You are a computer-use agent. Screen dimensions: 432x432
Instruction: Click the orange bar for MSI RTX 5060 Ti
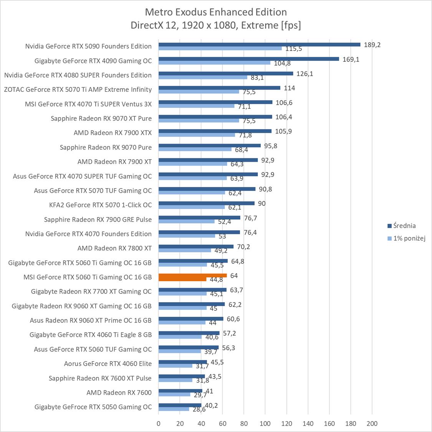(192, 275)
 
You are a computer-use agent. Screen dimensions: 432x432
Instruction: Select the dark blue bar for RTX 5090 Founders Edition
(259, 45)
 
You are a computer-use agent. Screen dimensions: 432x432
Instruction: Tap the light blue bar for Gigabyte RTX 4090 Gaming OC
(214, 63)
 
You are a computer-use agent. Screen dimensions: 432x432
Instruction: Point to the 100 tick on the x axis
(265, 424)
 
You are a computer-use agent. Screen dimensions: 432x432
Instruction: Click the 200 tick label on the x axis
(372, 424)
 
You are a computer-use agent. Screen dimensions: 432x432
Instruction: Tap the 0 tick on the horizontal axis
(159, 424)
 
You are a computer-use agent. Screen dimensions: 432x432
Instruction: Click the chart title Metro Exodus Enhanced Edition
(216, 12)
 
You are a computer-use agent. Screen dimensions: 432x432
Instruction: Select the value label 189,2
(372, 45)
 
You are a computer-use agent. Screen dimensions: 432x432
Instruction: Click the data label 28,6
(199, 410)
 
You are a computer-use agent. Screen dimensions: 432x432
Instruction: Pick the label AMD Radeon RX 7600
(119, 392)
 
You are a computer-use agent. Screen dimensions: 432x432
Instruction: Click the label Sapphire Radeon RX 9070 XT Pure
(101, 118)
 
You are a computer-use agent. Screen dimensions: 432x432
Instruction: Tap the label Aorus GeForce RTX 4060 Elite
(108, 364)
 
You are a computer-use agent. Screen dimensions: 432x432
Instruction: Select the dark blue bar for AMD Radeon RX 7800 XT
(196, 247)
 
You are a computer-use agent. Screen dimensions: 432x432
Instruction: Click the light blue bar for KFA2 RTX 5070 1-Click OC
(192, 207)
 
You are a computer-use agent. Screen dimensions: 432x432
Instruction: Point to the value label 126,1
(305, 74)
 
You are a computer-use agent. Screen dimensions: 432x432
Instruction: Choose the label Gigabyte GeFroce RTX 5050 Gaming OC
(93, 407)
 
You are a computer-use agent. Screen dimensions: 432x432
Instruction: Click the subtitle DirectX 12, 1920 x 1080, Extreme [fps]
(216, 25)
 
